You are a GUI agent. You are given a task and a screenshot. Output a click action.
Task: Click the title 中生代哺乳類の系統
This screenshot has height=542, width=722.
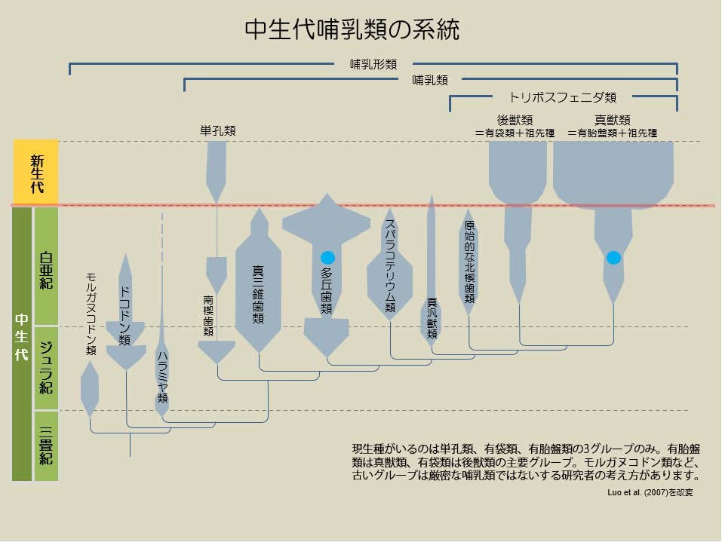click(352, 30)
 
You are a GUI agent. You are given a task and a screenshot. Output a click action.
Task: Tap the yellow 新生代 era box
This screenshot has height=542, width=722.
click(36, 172)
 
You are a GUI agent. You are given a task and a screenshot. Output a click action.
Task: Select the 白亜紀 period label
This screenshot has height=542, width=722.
click(46, 270)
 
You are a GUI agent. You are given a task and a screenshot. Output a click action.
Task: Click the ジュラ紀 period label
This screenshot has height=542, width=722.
click(46, 368)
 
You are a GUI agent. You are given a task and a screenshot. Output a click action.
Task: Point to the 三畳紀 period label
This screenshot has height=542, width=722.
click(46, 446)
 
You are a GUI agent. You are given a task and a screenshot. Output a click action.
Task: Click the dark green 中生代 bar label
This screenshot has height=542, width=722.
click(22, 337)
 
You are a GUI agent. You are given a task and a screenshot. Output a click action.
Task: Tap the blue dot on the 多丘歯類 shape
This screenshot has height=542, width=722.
click(328, 258)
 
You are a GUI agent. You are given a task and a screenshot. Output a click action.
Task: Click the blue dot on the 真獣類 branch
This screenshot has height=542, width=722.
click(613, 258)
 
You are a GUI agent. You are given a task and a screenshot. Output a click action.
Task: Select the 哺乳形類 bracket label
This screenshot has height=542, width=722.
click(373, 64)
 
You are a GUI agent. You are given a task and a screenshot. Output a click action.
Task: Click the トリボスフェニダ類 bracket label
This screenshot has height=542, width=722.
click(562, 97)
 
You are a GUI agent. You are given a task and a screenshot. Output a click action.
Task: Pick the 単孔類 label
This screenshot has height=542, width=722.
click(218, 130)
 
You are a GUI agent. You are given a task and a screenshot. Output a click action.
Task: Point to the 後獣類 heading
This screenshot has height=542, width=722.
click(515, 120)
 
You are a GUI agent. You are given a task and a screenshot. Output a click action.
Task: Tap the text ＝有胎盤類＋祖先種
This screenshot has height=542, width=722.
click(612, 133)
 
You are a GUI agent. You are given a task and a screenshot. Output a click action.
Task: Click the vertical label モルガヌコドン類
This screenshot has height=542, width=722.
click(91, 314)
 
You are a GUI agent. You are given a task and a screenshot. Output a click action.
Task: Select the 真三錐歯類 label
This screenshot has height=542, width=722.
click(258, 295)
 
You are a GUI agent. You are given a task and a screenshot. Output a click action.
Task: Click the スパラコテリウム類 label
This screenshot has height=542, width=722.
click(390, 265)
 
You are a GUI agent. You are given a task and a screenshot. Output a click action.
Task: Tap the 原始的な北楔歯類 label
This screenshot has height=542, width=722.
click(469, 262)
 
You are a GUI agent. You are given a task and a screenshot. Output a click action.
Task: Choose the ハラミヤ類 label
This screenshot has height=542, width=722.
click(162, 377)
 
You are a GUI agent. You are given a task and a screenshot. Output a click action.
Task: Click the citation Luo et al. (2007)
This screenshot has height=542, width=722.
click(638, 492)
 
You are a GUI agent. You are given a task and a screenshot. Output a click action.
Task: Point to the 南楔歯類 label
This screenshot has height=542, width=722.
click(208, 316)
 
